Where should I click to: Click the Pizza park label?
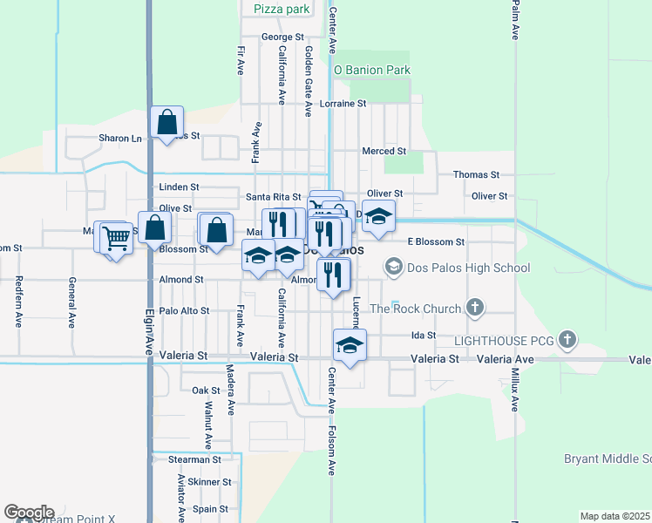[282, 9]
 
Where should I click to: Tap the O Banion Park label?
[371, 69]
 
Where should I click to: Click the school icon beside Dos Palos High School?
[394, 266]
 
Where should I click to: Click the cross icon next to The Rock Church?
[475, 307]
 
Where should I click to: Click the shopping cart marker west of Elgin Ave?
[116, 236]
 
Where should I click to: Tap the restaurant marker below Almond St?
[335, 275]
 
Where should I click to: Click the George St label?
[282, 37]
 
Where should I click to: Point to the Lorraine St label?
[343, 103]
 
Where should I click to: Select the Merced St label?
[384, 151]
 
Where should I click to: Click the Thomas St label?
[476, 174]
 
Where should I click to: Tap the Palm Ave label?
[516, 24]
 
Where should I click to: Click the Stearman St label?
[195, 458]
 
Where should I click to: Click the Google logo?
[29, 513]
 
